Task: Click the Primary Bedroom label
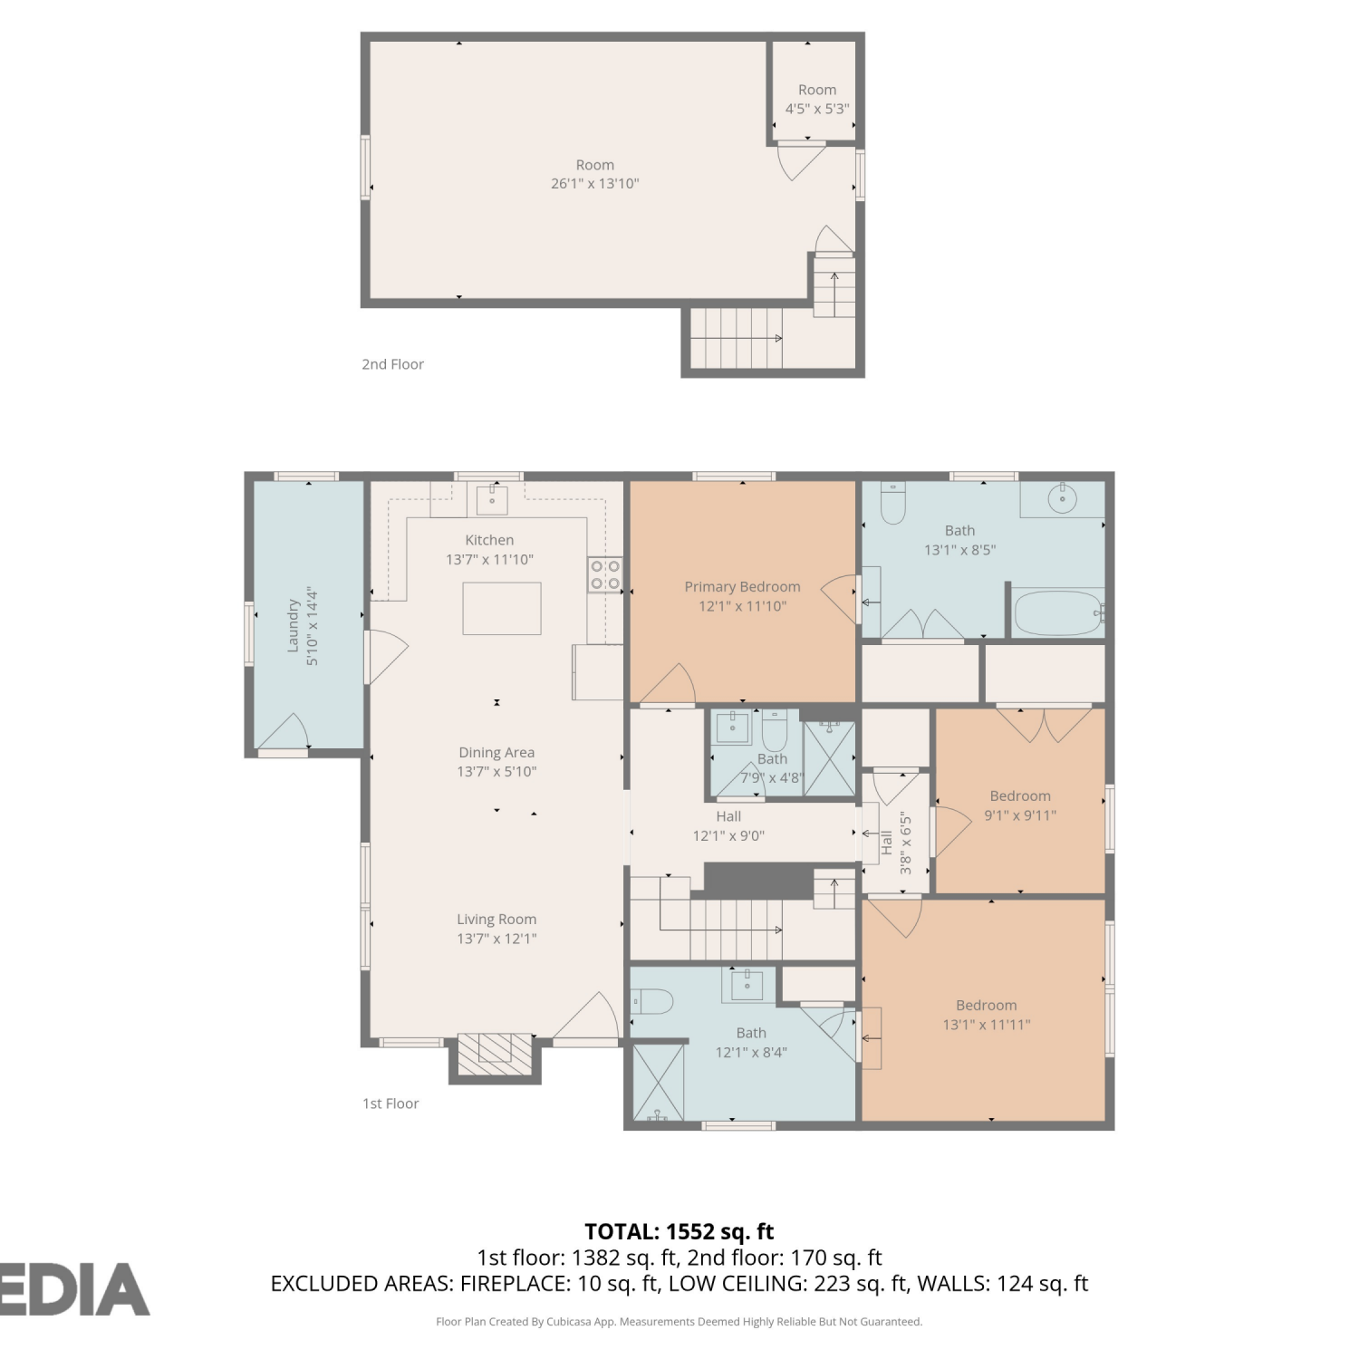pos(742,587)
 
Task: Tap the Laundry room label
pos(294,625)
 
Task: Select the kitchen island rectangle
pos(502,609)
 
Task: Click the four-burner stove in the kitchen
pos(605,574)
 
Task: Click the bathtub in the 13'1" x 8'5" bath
pos(1057,613)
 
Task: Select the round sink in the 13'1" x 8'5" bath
pos(1062,497)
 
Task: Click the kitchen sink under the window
pos(492,499)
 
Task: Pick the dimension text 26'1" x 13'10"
pos(595,184)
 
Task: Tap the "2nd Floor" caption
pos(393,364)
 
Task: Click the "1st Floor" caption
pos(390,1104)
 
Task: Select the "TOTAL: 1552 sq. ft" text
pos(679,1231)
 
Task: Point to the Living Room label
pos(496,920)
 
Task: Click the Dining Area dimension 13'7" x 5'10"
pos(496,772)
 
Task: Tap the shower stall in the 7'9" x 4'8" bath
pos(830,758)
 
